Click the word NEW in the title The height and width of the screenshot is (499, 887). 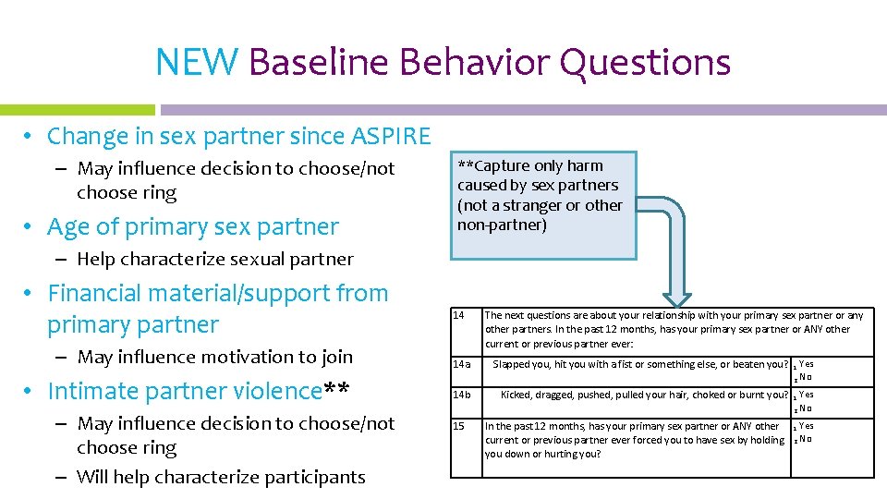(197, 63)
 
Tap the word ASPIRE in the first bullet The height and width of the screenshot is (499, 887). (391, 137)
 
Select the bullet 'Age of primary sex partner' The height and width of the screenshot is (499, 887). (192, 226)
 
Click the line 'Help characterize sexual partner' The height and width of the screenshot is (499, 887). (214, 260)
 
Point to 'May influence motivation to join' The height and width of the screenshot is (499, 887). (214, 357)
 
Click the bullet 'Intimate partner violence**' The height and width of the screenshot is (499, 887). (198, 391)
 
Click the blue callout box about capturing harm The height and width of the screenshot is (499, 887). (545, 204)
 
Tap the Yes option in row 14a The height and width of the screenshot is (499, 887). (806, 364)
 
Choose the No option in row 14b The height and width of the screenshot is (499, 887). (805, 408)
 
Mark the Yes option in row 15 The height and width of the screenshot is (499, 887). (806, 426)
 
